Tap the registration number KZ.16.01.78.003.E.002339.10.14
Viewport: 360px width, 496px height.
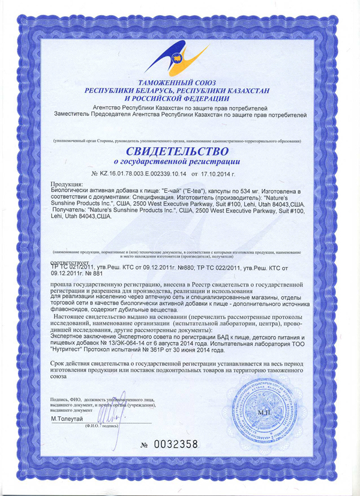pyautogui.click(x=143, y=172)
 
